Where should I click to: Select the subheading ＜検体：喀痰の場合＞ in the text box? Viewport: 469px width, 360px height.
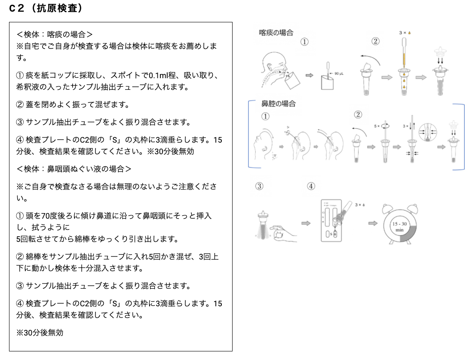(x=55, y=34)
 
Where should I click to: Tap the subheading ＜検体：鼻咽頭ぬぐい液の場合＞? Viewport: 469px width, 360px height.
(x=74, y=168)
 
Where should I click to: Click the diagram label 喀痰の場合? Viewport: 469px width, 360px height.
(x=276, y=33)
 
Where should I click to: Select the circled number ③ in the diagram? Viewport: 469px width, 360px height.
(x=259, y=186)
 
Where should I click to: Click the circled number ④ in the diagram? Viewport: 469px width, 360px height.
(x=311, y=186)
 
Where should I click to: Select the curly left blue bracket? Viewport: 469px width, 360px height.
(x=250, y=134)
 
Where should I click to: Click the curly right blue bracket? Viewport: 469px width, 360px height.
(x=463, y=136)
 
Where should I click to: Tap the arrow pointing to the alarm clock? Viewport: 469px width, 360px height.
(x=372, y=223)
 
